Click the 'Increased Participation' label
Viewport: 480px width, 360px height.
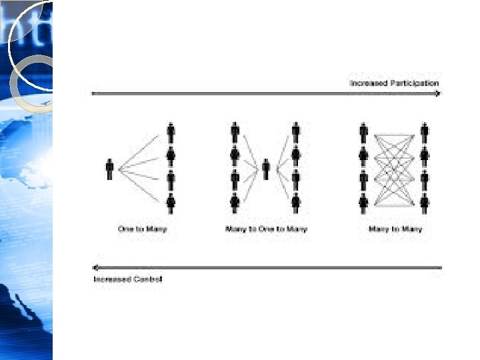click(x=394, y=83)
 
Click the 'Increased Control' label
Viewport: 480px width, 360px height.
click(x=127, y=279)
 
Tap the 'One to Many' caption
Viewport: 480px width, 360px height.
click(x=142, y=229)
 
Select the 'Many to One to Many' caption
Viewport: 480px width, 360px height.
click(x=267, y=229)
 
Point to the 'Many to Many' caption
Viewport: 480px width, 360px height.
click(x=395, y=229)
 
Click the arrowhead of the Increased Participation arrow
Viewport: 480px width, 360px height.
click(x=437, y=93)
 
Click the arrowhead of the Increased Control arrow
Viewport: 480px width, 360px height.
click(x=97, y=268)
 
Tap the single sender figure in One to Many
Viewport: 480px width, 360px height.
click(x=109, y=169)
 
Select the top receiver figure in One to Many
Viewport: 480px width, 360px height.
click(x=171, y=133)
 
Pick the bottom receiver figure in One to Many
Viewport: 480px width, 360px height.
click(x=171, y=202)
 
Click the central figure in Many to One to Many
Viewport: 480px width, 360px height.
click(x=265, y=169)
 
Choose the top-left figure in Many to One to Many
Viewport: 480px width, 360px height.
click(x=235, y=133)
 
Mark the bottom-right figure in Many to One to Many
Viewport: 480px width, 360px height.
click(x=295, y=202)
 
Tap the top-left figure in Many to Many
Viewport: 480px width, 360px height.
click(x=363, y=133)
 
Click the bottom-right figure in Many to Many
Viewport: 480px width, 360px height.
click(x=425, y=202)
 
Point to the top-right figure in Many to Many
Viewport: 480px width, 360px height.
click(x=425, y=133)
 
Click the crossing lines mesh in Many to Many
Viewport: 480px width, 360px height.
click(x=394, y=168)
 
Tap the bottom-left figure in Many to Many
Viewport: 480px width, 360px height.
click(x=363, y=202)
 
